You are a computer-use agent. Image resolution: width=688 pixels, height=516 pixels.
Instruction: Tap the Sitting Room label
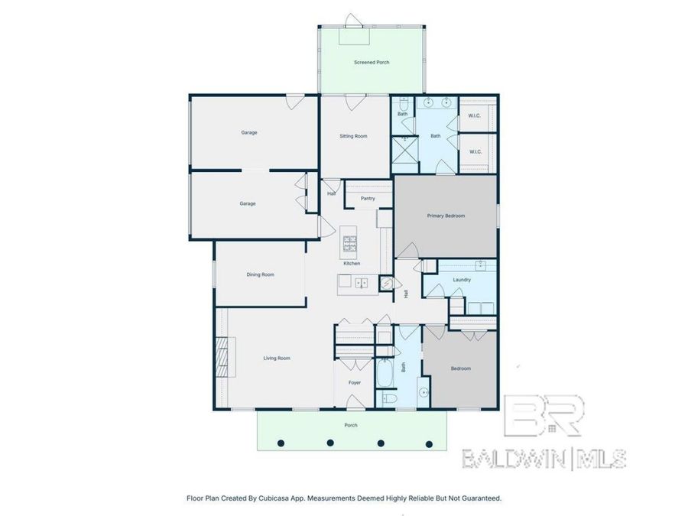coord(353,136)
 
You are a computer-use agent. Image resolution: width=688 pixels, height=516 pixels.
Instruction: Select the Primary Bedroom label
coord(445,216)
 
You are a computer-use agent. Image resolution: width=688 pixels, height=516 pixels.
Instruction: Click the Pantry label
coord(368,199)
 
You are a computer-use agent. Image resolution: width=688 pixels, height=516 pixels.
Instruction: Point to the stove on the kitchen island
coord(350,244)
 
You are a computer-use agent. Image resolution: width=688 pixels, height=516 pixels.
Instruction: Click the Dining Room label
coord(260,274)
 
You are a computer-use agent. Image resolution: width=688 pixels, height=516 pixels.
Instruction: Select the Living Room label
coord(277,358)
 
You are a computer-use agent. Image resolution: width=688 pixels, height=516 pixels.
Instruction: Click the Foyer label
coord(355,382)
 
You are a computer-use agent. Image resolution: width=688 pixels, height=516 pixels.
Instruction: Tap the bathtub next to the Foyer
coord(384,374)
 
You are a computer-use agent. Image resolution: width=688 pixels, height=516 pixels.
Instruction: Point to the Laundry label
coord(461,280)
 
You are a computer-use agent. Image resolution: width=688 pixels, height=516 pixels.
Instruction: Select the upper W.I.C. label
coord(474,116)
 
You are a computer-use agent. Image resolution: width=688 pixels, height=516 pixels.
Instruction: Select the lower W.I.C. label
coord(474,151)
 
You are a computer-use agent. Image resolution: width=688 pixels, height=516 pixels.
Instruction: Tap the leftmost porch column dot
coord(281,443)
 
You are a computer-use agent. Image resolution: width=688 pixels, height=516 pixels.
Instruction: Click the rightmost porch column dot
coord(429,443)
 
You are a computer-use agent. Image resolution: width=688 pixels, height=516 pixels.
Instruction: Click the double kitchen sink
coord(362,283)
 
